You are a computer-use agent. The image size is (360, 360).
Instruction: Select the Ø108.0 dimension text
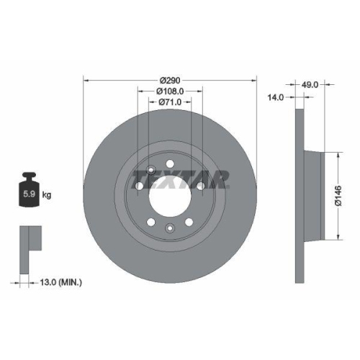(170, 92)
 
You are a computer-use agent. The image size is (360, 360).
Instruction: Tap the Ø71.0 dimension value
(170, 104)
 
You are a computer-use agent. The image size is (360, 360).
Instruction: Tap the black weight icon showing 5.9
(30, 191)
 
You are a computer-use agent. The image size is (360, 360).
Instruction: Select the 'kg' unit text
(48, 195)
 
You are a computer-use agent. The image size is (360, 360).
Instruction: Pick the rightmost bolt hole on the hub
(201, 186)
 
